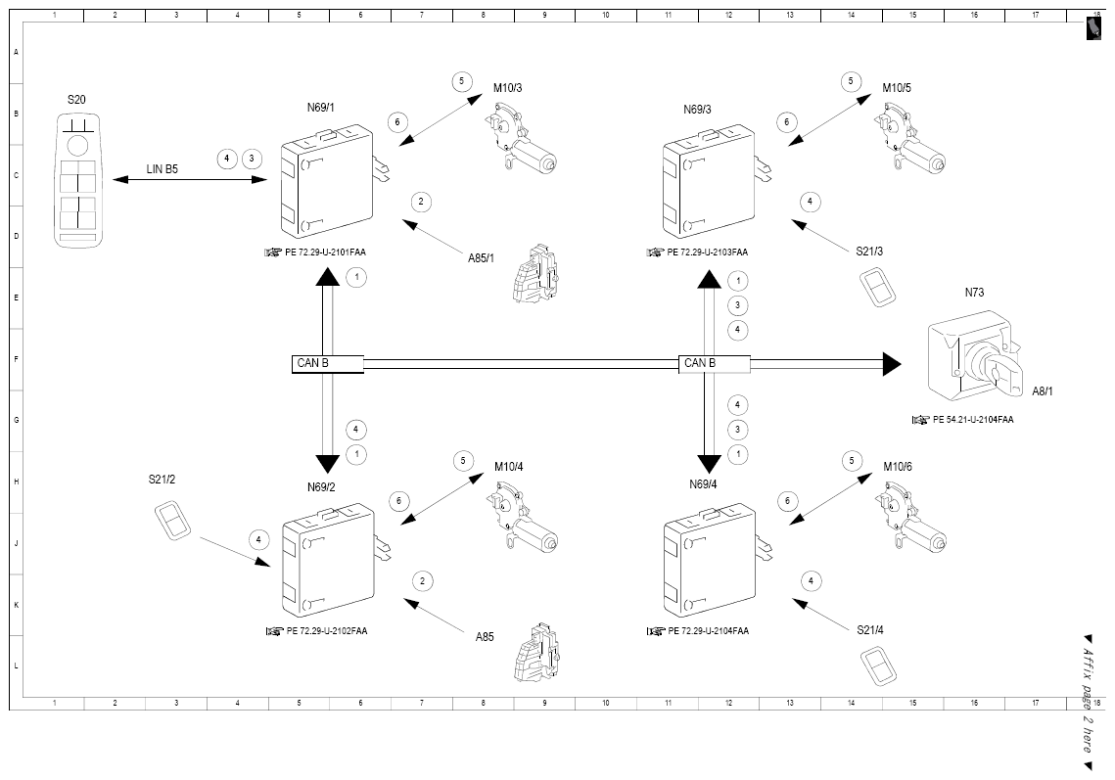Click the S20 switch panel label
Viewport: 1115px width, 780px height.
click(x=76, y=100)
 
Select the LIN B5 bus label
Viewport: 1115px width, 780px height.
click(x=163, y=169)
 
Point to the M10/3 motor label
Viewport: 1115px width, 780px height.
click(x=508, y=88)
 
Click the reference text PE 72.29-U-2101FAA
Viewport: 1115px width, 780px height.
click(x=326, y=252)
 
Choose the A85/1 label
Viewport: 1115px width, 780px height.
click(x=481, y=258)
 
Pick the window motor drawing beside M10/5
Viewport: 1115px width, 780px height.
click(x=910, y=138)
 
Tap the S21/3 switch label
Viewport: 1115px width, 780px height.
click(x=869, y=251)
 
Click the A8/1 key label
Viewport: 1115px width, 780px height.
click(x=1043, y=391)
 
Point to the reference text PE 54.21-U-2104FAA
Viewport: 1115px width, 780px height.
click(x=973, y=420)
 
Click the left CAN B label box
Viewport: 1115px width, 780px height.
click(x=328, y=363)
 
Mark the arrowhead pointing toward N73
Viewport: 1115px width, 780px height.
click(x=893, y=364)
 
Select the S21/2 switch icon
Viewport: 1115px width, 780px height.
click(x=173, y=520)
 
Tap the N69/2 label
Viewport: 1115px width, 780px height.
click(x=321, y=487)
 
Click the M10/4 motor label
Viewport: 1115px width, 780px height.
click(x=509, y=467)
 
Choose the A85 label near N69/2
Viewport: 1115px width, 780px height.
click(x=485, y=637)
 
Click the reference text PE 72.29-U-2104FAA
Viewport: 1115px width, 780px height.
click(x=708, y=630)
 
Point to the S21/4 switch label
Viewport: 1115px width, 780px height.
click(x=870, y=630)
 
